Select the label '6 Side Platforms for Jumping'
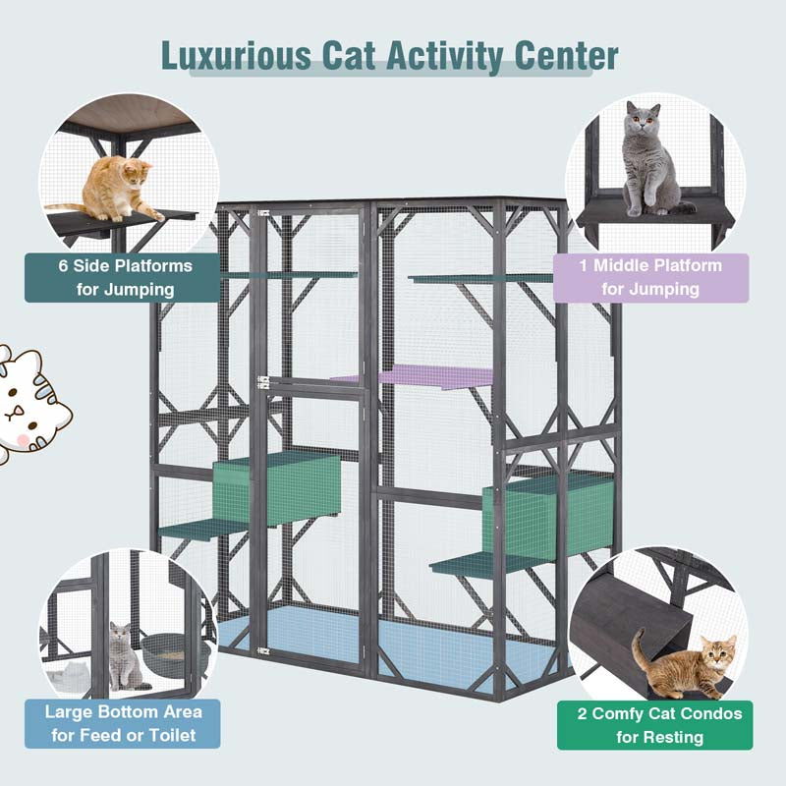tap(124, 277)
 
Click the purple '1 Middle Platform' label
tap(650, 277)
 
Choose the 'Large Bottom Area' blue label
tap(124, 722)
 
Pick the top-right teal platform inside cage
tap(481, 279)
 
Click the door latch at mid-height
tap(263, 384)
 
